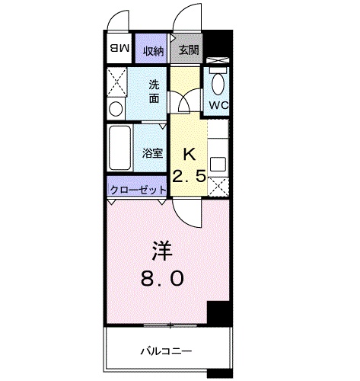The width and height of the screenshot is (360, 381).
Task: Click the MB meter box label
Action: [119, 48]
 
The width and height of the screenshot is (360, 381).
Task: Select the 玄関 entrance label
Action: [188, 50]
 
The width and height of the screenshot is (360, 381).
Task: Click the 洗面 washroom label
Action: [154, 91]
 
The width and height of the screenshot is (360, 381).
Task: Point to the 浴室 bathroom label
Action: [152, 153]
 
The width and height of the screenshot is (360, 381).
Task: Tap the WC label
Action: [218, 105]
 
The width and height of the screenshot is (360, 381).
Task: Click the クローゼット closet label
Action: [139, 190]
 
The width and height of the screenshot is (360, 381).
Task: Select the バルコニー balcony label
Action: [166, 351]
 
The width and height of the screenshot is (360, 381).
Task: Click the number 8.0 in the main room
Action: [162, 278]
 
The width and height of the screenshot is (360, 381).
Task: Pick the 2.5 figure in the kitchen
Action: [189, 176]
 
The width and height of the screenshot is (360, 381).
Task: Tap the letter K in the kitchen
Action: [190, 154]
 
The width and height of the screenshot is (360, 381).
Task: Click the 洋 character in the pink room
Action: [162, 251]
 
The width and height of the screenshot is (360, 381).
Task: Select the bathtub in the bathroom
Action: [119, 148]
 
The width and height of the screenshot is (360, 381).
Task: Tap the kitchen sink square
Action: [218, 165]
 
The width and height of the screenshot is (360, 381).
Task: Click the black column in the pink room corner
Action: [219, 313]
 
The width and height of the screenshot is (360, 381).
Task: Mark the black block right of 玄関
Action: [218, 43]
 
